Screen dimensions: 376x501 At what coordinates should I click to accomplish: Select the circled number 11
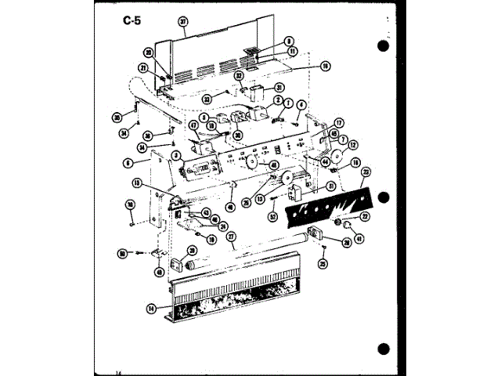(x=292, y=51)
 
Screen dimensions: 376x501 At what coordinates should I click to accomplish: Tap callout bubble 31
(x=279, y=87)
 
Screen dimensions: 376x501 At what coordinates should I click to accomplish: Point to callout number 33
(x=209, y=99)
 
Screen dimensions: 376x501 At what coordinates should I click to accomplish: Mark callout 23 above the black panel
(x=366, y=172)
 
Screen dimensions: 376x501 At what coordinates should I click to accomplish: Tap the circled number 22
(x=364, y=216)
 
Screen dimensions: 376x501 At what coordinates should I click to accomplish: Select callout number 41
(x=359, y=239)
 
